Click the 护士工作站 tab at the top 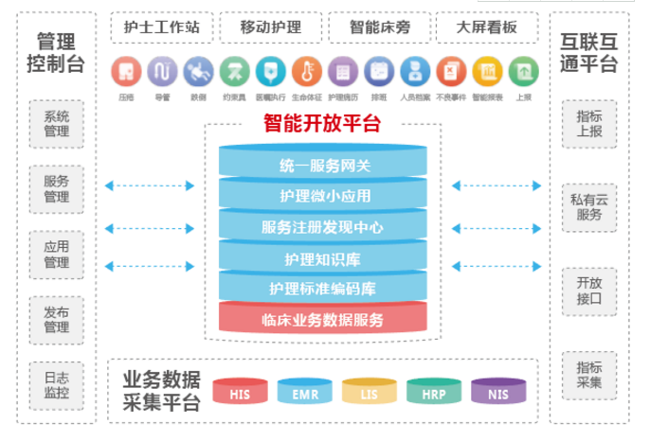tap(161, 27)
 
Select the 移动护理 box tap(270, 27)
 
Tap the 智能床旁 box tap(379, 27)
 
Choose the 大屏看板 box tap(486, 27)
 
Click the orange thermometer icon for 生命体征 tap(304, 71)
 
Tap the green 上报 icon tap(522, 71)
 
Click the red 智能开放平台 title tap(322, 123)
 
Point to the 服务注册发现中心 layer tap(322, 227)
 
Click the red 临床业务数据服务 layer tap(322, 319)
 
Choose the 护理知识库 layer tap(322, 257)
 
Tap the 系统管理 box tap(57, 124)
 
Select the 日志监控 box tap(57, 383)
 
